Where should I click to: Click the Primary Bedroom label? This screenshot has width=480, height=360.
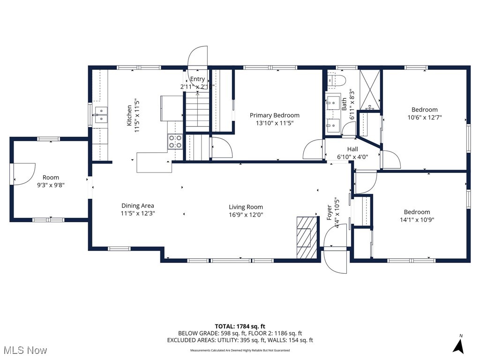point(274,115)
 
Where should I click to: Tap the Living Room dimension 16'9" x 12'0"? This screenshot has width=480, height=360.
point(246,215)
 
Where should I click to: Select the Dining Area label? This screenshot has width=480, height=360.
point(137,205)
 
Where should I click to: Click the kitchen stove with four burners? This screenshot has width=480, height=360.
point(175,142)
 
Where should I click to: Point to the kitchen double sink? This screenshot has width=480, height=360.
point(101,115)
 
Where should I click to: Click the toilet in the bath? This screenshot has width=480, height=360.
point(337,81)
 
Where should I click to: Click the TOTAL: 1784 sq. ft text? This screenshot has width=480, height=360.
point(240,326)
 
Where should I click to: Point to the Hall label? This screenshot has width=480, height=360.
point(352,149)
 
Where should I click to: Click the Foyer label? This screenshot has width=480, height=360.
point(329,212)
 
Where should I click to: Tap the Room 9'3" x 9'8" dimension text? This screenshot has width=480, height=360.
point(51,185)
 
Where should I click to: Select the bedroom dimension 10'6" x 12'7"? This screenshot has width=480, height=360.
point(424,118)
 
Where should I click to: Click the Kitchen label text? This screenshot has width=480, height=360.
point(129,115)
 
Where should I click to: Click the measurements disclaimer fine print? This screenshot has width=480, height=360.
point(240,350)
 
